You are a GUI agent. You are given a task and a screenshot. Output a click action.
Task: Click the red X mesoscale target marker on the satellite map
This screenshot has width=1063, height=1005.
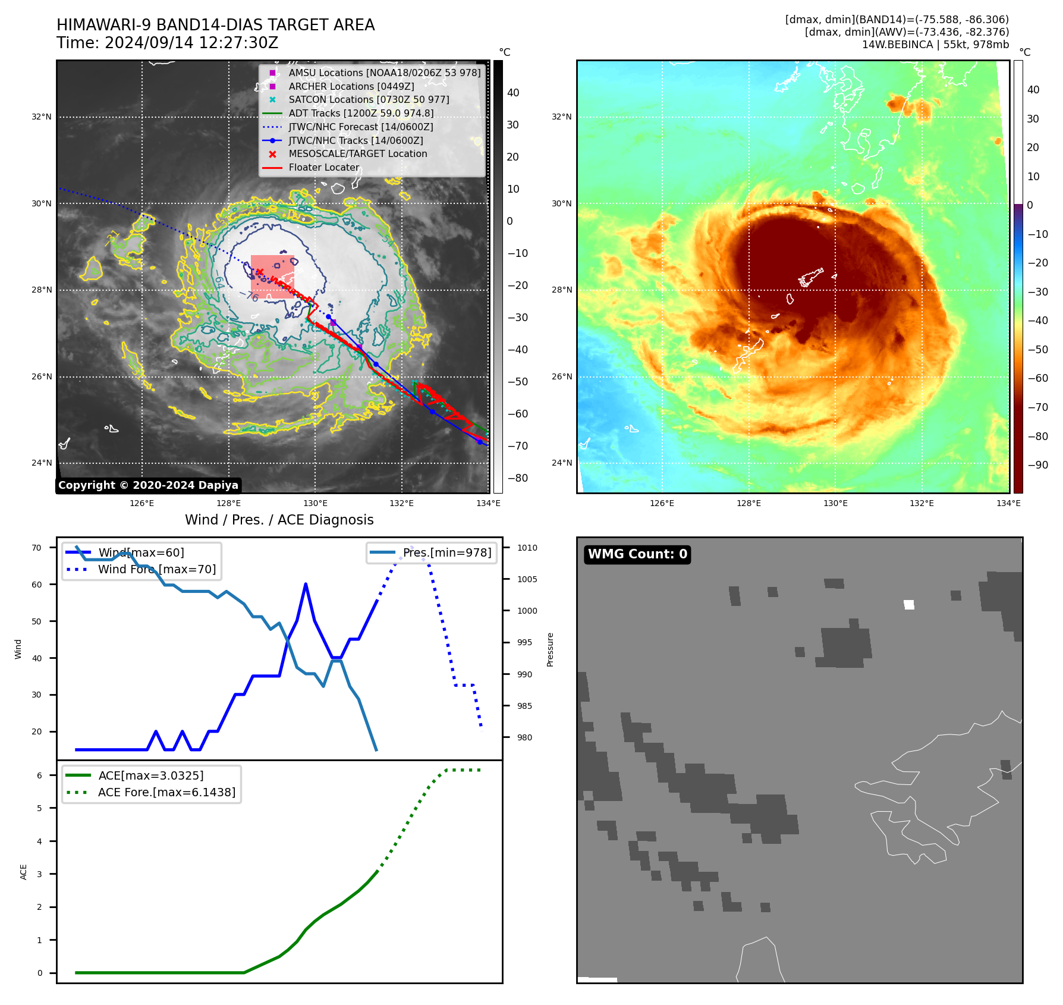coord(259,272)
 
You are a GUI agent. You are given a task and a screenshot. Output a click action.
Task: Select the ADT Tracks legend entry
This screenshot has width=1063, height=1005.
coord(361,113)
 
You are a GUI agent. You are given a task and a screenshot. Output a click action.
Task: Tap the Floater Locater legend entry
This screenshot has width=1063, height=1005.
coord(324,167)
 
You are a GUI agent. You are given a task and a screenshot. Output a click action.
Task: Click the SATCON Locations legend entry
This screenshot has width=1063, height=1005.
coord(369,99)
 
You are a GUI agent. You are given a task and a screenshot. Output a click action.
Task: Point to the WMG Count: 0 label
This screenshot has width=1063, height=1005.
coord(637,554)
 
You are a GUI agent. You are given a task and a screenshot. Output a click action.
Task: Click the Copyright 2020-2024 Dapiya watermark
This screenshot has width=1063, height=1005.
coord(148,485)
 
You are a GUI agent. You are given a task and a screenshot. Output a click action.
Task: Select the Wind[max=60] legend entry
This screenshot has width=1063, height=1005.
coord(141,552)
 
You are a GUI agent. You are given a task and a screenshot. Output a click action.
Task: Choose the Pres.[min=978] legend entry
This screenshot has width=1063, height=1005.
coord(447,552)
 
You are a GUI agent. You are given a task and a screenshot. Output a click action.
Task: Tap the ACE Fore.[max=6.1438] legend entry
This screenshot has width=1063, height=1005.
coord(166,792)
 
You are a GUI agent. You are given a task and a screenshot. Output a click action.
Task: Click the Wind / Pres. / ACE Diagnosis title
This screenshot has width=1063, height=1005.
coord(279,520)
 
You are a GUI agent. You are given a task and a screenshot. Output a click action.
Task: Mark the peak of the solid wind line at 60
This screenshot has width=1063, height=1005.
coord(306,584)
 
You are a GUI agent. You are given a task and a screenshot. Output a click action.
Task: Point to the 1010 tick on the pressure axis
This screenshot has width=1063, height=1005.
coord(527,548)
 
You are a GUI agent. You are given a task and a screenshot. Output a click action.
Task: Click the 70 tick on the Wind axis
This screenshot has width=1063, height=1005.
coord(37,548)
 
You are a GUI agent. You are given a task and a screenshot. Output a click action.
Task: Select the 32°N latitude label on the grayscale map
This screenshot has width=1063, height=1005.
coord(42,117)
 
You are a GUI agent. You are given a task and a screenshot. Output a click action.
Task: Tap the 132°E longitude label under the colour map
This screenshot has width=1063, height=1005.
coord(922,503)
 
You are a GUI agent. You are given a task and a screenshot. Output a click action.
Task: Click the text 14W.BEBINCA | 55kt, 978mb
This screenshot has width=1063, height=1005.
coord(935,45)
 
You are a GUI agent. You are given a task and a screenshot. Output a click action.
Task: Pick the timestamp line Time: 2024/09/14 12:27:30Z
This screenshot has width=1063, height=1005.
coord(168,43)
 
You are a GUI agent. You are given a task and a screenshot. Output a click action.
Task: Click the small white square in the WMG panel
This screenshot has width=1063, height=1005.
coord(909,605)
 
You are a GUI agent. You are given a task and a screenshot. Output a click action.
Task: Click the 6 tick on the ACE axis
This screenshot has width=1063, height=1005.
coord(39,775)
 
